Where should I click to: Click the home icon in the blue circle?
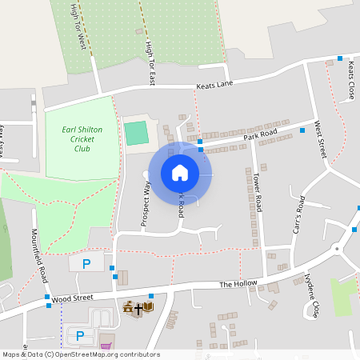pyautogui.click(x=180, y=172)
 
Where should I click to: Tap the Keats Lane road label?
pyautogui.click(x=214, y=84)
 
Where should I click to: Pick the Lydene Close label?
pyautogui.click(x=312, y=298)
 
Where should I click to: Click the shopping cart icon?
pyautogui.click(x=106, y=346)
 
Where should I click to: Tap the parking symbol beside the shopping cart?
pyautogui.click(x=78, y=334)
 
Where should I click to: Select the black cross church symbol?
pyautogui.click(x=138, y=307)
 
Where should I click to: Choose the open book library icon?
pyautogui.click(x=148, y=307)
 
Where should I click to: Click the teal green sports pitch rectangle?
pyautogui.click(x=136, y=133)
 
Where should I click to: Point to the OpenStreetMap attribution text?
pyautogui.click(x=80, y=354)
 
